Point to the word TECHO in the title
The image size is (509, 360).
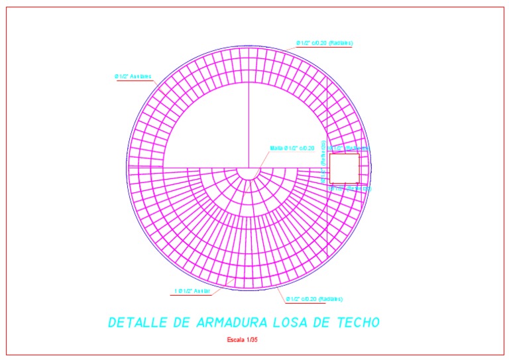[358, 323]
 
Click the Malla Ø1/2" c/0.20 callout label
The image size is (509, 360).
[292, 148]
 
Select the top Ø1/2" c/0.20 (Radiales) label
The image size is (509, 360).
[324, 43]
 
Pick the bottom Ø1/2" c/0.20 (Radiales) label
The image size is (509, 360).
[315, 299]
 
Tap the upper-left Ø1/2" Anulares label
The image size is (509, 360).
[133, 76]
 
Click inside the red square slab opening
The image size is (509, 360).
[344, 168]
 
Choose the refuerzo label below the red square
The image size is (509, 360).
[349, 188]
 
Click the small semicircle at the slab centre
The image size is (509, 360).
[249, 171]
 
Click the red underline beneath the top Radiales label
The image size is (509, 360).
[324, 48]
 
